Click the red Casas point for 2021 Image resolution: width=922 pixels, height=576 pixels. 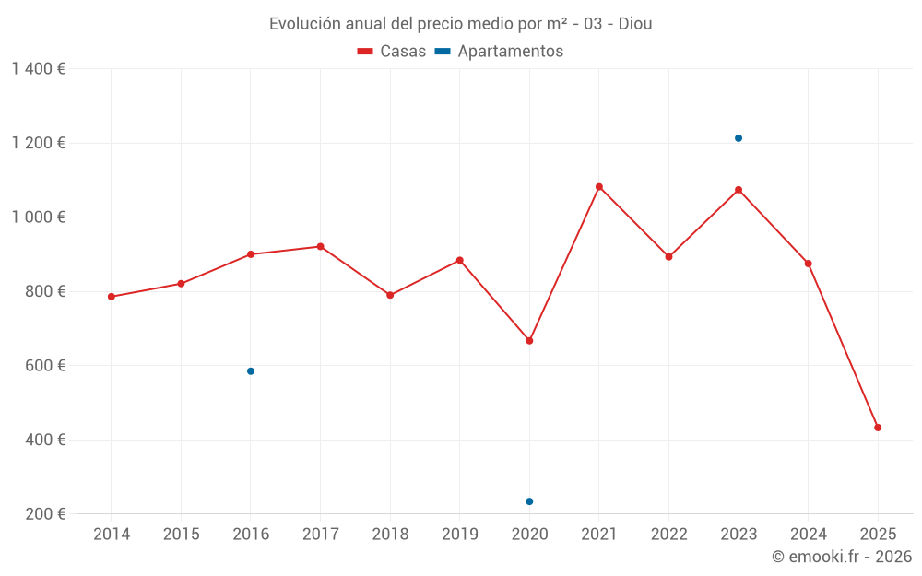[599, 187]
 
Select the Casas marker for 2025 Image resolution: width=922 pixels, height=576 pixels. [878, 428]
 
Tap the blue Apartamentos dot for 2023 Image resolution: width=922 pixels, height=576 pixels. [739, 138]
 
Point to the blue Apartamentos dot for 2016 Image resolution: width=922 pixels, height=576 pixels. [251, 371]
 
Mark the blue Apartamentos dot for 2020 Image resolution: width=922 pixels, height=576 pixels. [529, 501]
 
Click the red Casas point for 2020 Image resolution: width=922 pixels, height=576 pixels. [529, 341]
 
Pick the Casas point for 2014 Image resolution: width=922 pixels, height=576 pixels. [112, 297]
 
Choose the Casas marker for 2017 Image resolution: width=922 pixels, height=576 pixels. [320, 247]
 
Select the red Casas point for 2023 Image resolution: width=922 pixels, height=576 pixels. [739, 190]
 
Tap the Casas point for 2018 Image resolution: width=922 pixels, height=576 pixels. [390, 295]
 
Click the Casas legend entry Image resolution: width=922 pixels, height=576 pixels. [392, 52]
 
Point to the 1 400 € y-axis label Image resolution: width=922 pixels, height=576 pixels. [38, 69]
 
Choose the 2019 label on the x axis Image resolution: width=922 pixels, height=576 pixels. [460, 535]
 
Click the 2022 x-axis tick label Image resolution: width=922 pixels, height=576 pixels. [668, 535]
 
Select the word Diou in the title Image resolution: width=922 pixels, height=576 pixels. [635, 24]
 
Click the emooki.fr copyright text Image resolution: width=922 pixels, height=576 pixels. [842, 557]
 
